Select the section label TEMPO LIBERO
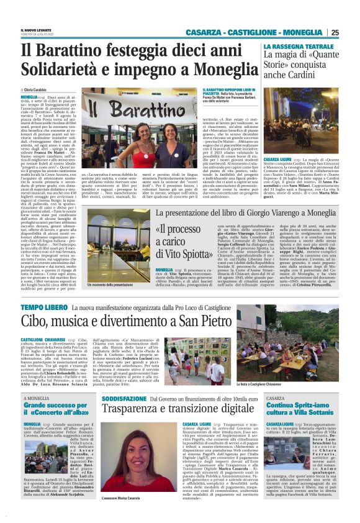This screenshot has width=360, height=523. (x=40, y=307)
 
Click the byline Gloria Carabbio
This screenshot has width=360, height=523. (x=38, y=90)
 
